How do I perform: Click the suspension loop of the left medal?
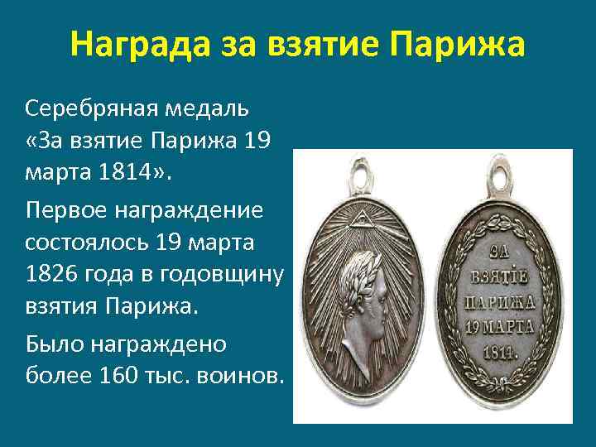click(x=360, y=177)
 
